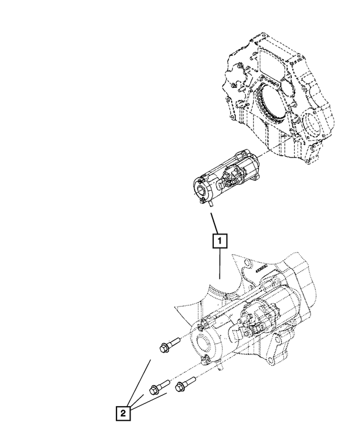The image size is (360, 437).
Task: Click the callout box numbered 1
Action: pos(219,241)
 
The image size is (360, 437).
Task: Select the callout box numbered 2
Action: pos(123,414)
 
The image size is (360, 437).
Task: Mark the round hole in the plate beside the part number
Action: pos(247,261)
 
